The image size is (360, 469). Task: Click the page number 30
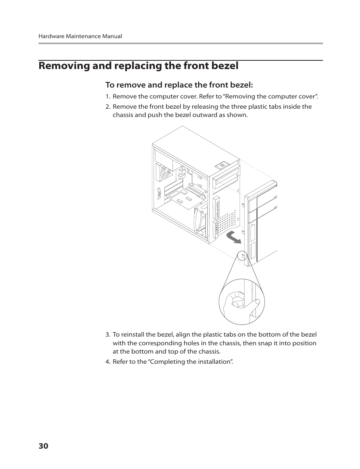(43, 446)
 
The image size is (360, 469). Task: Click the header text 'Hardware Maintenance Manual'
(80, 36)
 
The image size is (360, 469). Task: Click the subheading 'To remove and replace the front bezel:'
(179, 85)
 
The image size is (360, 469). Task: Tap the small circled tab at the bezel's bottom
(243, 256)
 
